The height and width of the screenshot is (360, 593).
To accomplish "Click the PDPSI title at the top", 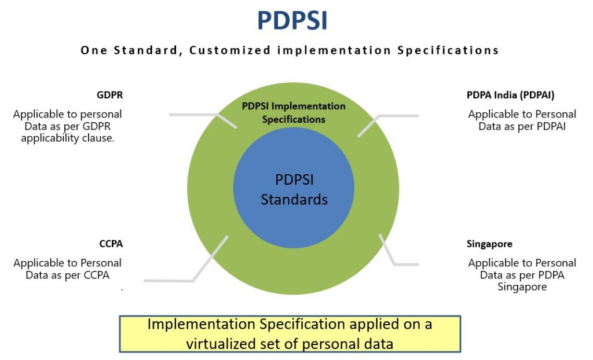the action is point(292,20).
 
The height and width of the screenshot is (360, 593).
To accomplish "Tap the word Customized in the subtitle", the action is point(230,50).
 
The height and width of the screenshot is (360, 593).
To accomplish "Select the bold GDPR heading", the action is point(109,95).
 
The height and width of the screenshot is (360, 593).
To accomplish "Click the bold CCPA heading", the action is point(111,244).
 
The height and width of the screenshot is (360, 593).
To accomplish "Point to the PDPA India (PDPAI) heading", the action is point(510,95).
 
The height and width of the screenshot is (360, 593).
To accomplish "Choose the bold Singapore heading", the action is point(489,244).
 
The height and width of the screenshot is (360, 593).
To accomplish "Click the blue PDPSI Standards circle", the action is point(294,188).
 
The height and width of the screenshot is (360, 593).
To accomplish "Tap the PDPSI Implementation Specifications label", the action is point(294,113).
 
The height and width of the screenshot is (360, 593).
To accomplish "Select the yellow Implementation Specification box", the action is point(290,334).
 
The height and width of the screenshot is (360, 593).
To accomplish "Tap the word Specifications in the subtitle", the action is point(448,50).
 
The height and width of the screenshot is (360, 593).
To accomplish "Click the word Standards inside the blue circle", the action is point(294,200).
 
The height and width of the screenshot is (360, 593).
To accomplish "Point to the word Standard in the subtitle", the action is point(146,50).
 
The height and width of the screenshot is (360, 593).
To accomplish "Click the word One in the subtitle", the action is point(94,50).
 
